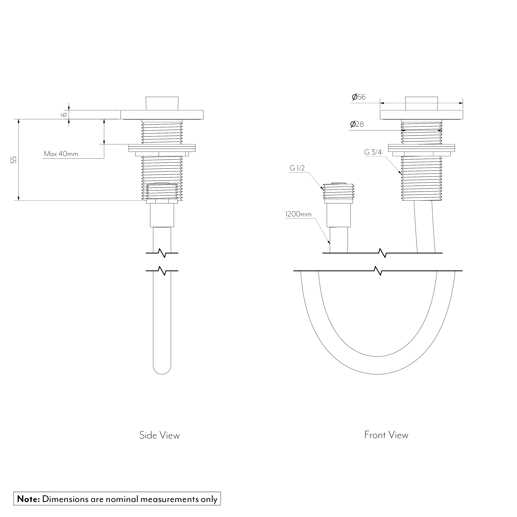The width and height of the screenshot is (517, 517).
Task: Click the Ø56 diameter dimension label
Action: click(359, 97)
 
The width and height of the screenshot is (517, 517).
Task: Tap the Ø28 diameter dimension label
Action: click(357, 124)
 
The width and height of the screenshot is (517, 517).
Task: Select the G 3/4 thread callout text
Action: click(373, 152)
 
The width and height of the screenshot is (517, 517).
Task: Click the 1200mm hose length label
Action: click(298, 214)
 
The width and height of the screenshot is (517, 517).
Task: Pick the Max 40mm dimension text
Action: click(61, 154)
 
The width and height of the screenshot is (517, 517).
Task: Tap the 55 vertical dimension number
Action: click(14, 160)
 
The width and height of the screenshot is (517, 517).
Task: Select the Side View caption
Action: click(159, 435)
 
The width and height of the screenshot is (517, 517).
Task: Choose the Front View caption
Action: click(386, 435)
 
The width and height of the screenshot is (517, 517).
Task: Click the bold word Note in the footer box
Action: click(28, 499)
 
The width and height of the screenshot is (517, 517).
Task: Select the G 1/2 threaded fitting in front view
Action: click(339, 191)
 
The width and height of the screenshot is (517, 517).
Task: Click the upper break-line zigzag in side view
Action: click(162, 253)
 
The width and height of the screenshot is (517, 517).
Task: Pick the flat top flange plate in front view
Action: click(421, 115)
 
